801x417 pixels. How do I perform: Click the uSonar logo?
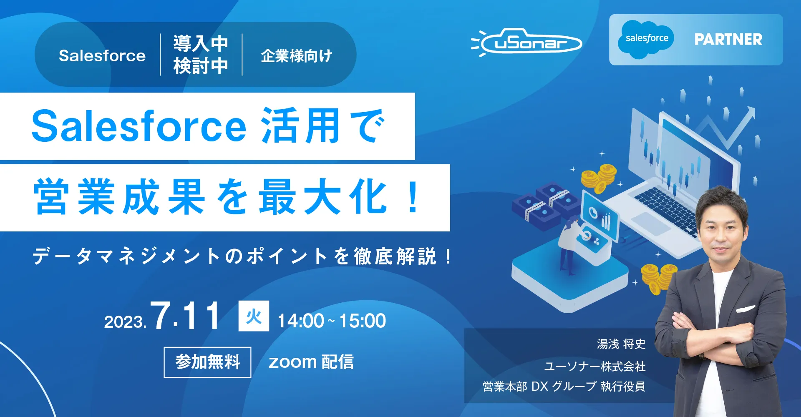point(526,42)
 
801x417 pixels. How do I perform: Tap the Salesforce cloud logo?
point(646,39)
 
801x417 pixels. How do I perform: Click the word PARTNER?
point(728,39)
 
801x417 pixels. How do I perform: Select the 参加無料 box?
point(207,362)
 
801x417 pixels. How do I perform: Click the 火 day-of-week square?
point(254,316)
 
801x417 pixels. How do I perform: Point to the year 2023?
point(125,322)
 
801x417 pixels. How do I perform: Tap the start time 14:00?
point(301,321)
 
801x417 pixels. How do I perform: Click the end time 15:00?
point(363,321)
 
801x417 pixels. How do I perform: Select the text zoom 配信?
point(311,362)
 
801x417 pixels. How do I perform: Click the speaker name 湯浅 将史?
point(621,344)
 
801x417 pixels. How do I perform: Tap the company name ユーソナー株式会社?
point(595,366)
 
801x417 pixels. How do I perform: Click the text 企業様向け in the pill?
point(297,56)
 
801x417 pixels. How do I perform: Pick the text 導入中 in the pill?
point(201,43)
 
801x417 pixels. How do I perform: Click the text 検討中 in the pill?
point(201,66)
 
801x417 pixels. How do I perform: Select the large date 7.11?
point(185,316)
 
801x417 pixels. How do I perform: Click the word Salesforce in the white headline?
point(139,126)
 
